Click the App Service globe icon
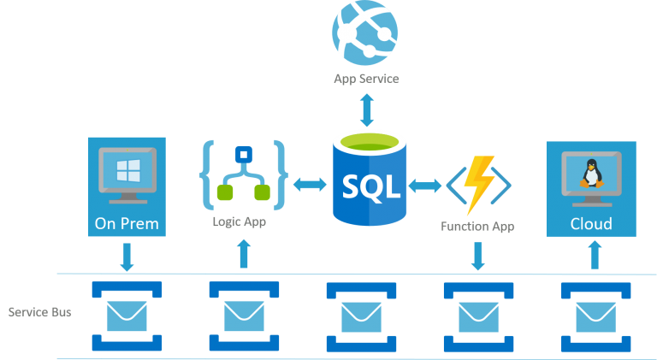[x=366, y=32]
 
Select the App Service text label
[x=366, y=79]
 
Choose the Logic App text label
[x=240, y=222]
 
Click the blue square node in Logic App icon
[x=242, y=155]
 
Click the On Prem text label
[x=127, y=224]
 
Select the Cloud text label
[x=591, y=224]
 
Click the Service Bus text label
[x=39, y=312]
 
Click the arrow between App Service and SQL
[x=366, y=109]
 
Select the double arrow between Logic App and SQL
[x=309, y=184]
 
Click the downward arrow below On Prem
[x=127, y=257]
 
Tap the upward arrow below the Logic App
[x=244, y=254]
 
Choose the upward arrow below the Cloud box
[x=595, y=254]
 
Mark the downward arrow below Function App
[x=478, y=256]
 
